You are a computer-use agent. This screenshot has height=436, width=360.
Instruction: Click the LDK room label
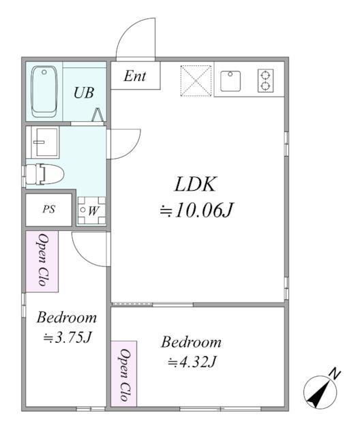pos(196,185)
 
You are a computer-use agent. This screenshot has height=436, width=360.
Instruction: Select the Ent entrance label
pos(135,76)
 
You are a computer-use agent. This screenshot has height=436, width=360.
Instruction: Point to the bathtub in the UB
pos(46,91)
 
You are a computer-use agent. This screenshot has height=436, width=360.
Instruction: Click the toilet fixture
pos(45,175)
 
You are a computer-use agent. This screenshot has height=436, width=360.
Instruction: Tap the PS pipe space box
pos(48,210)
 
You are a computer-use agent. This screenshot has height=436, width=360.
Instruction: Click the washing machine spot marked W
pos(91,211)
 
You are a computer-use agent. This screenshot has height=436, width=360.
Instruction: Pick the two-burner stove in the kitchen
pos(264,80)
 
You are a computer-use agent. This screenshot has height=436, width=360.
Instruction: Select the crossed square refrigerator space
pos(196,80)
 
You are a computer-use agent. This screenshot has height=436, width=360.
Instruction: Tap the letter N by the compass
pos(335,373)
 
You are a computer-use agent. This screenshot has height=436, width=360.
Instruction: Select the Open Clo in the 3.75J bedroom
pos(42,260)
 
